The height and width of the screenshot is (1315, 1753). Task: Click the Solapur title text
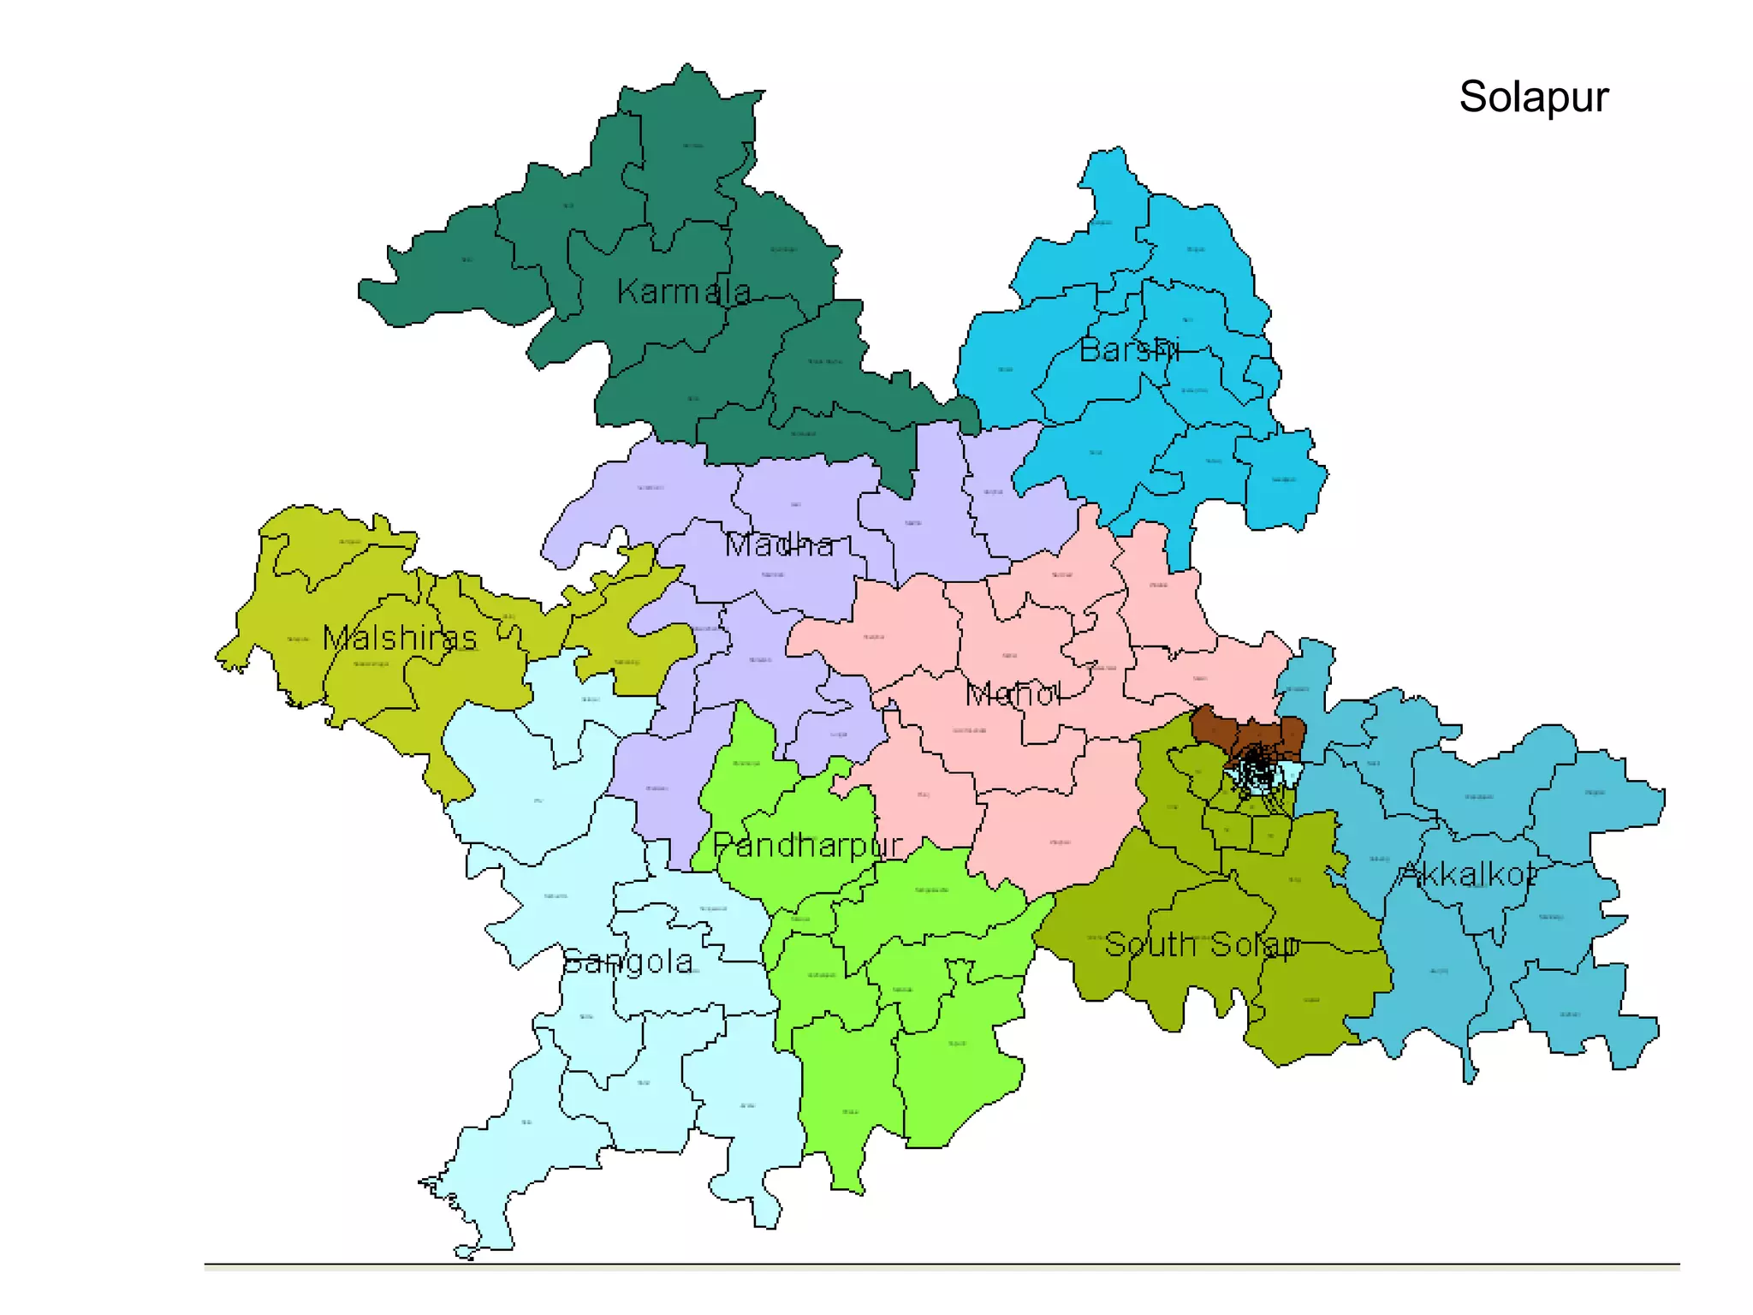click(x=1533, y=97)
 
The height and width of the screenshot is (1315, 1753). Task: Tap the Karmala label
click(x=683, y=292)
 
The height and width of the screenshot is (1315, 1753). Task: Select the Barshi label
click(x=1129, y=350)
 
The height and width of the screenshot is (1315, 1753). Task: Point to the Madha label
click(x=779, y=544)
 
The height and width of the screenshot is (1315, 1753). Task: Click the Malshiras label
click(x=400, y=638)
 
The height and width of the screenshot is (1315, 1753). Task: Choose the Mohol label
click(x=1013, y=694)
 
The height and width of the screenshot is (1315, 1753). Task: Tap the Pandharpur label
click(x=807, y=846)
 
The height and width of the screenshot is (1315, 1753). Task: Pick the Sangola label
click(x=627, y=962)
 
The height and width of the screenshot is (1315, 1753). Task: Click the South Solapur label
click(x=1201, y=945)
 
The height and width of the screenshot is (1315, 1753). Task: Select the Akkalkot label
click(x=1467, y=875)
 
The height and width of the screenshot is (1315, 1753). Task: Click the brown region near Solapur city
click(x=1215, y=726)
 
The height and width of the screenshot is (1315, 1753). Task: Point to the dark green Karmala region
click(x=685, y=171)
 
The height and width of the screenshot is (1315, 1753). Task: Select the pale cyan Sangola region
click(x=531, y=771)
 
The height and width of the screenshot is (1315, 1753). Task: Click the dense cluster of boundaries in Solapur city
click(x=1255, y=766)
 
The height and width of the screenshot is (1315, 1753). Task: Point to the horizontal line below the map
click(x=942, y=1264)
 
